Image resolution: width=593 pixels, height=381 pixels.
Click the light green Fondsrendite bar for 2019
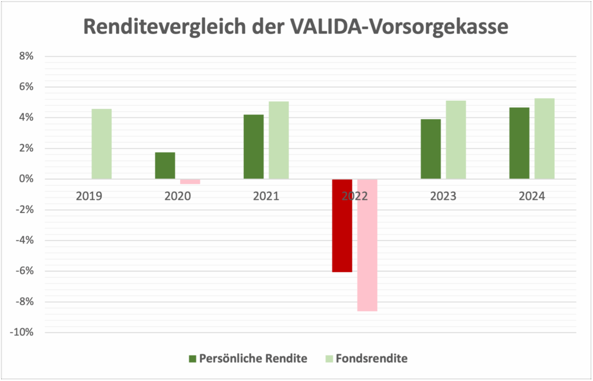pos(101,144)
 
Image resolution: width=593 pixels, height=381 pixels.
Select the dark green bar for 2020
pos(165,166)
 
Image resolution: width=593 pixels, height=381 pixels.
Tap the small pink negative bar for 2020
pos(190,181)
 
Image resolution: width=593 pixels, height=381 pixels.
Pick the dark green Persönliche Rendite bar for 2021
pos(254,146)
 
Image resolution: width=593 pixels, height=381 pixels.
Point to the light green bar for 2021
pos(279,140)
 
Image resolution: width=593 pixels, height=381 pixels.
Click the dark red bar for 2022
pos(342,225)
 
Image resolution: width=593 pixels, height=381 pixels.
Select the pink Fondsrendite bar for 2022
pos(367,245)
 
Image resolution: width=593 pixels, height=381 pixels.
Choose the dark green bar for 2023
pos(430,149)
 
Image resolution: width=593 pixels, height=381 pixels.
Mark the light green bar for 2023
pos(456,140)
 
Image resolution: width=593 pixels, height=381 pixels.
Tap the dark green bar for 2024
pos(519,143)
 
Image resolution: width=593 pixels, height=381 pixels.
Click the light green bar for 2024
pos(544,138)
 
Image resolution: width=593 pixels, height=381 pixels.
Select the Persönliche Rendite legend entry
pos(247,358)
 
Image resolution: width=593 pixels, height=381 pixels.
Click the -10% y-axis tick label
pos(23,332)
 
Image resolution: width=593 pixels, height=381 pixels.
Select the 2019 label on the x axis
pos(89,196)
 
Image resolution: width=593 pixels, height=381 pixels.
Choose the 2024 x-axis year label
pos(532,196)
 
